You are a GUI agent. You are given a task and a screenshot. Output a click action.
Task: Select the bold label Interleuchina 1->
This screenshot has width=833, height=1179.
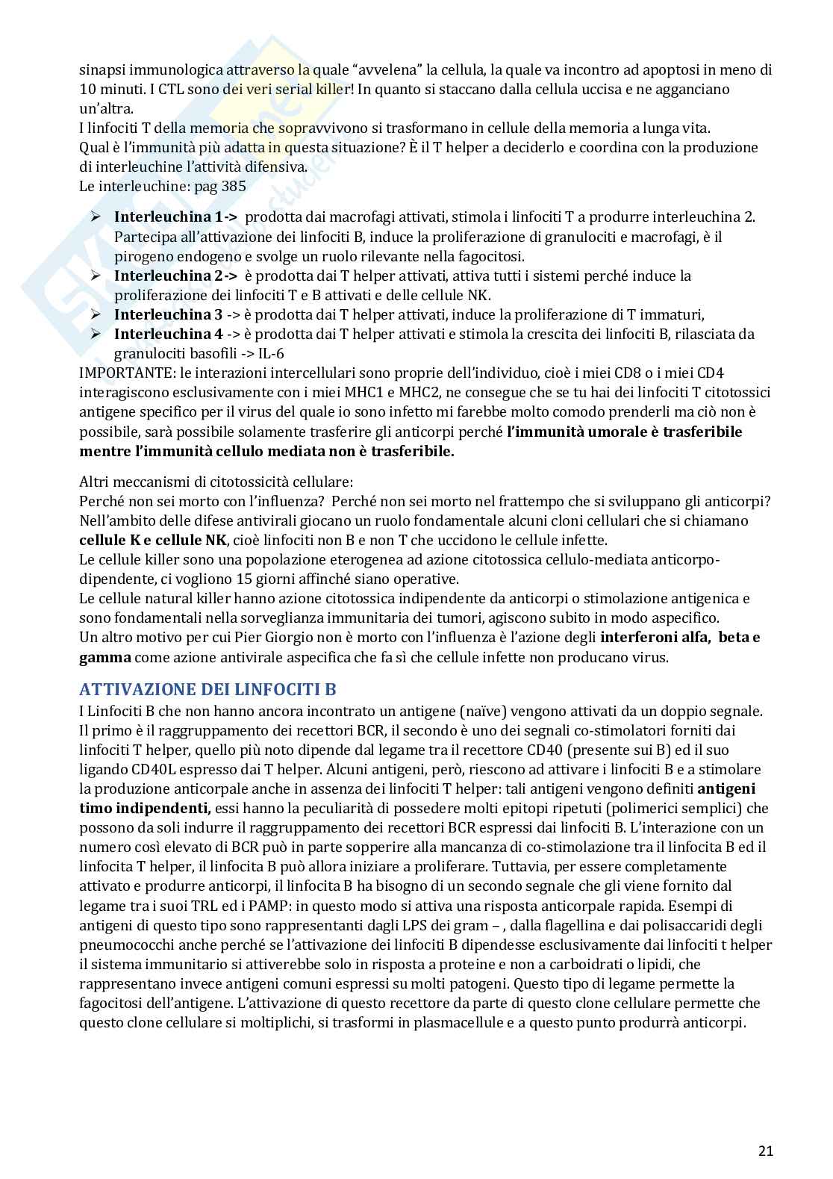[175, 217]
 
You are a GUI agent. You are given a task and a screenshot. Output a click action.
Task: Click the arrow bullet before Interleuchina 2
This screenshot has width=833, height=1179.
[96, 276]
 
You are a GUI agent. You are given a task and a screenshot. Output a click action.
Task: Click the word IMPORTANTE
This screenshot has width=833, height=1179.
[126, 373]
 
